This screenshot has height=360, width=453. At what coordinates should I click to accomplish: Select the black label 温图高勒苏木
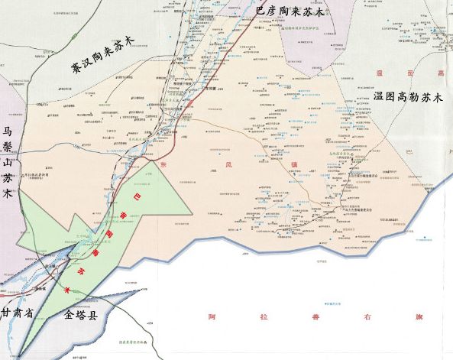tap(411, 98)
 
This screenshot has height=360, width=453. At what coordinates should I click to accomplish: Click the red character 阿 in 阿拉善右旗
tap(212, 315)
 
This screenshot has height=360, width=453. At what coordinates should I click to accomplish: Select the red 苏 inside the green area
tap(83, 271)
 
